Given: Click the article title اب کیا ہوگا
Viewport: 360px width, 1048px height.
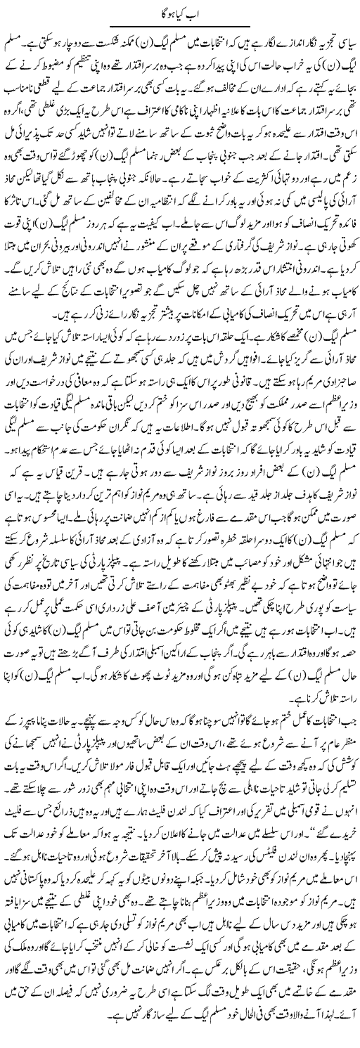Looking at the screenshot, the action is pos(181,9).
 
